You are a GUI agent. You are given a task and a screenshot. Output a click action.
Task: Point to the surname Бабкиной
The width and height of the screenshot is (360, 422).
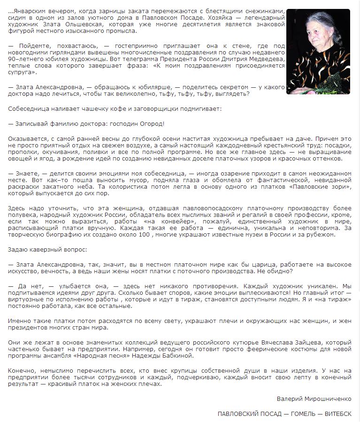tap(177, 356)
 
